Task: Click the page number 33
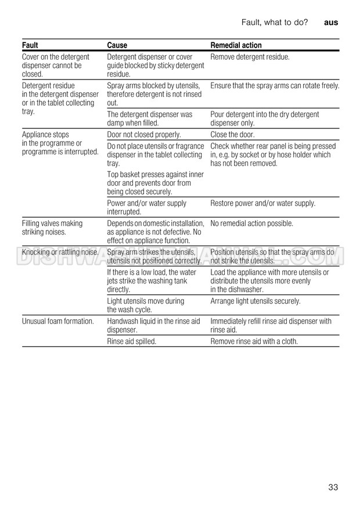(333, 487)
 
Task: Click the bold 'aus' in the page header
(331, 22)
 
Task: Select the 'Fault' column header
(30, 45)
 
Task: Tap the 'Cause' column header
(117, 45)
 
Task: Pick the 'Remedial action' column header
(236, 45)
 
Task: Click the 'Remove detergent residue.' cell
(250, 57)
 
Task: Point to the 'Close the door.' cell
(232, 135)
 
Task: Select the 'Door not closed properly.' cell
(144, 135)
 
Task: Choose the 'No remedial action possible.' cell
(251, 224)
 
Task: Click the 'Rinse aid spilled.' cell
(132, 341)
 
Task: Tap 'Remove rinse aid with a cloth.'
(254, 341)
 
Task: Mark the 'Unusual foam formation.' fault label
(57, 321)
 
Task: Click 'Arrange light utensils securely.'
(255, 301)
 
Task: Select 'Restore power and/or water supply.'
(262, 203)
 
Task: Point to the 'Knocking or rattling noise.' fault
(60, 253)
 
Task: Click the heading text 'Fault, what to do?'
(274, 22)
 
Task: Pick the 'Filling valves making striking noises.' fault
(52, 228)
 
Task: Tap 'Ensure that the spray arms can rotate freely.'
(275, 86)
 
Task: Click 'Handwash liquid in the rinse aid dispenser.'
(153, 325)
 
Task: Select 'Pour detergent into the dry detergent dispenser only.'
(264, 119)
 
